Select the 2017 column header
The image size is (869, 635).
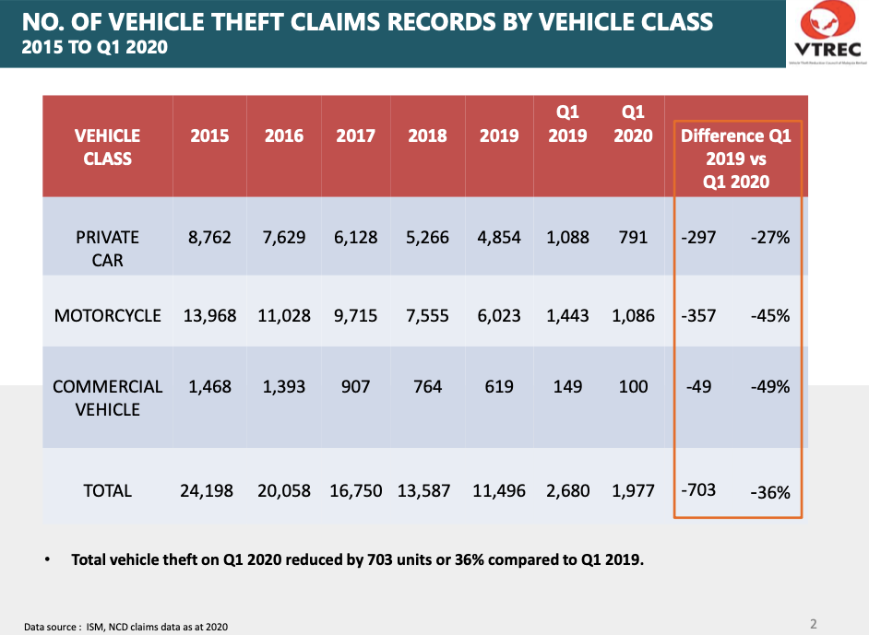coord(355,135)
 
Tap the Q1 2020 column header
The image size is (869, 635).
coord(633,124)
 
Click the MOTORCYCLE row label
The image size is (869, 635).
coord(108,315)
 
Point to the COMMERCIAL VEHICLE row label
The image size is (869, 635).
coord(108,397)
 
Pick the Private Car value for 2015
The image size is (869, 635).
coord(209,237)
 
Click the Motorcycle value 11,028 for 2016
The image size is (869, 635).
coord(284,315)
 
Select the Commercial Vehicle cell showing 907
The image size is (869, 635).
coord(355,386)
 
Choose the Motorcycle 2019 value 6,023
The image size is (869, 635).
coord(499,315)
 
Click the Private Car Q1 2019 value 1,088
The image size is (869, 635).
coord(567,237)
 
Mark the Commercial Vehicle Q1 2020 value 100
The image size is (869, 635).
coord(633,386)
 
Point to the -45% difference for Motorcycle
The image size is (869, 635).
coord(769,315)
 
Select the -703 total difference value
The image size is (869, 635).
coord(698,489)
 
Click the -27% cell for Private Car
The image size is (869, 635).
coord(769,237)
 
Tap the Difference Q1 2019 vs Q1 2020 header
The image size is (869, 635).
coord(736,159)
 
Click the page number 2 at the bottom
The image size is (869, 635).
coord(814,624)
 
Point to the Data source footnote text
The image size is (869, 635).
coord(125,627)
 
